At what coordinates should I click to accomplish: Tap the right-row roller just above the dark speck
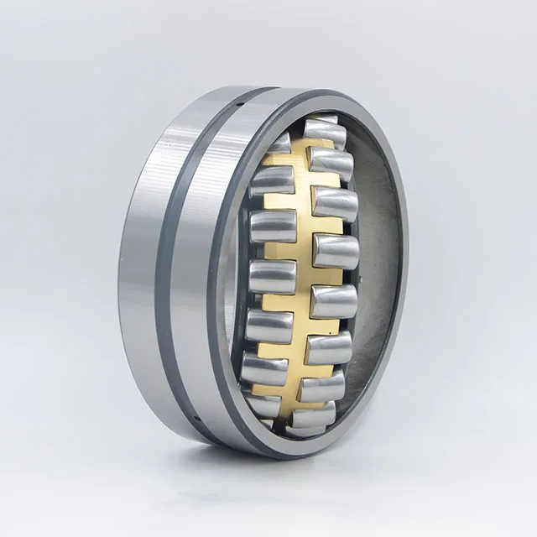336,252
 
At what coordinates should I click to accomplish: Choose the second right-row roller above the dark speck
335,204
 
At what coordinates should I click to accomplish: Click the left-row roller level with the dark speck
270,276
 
